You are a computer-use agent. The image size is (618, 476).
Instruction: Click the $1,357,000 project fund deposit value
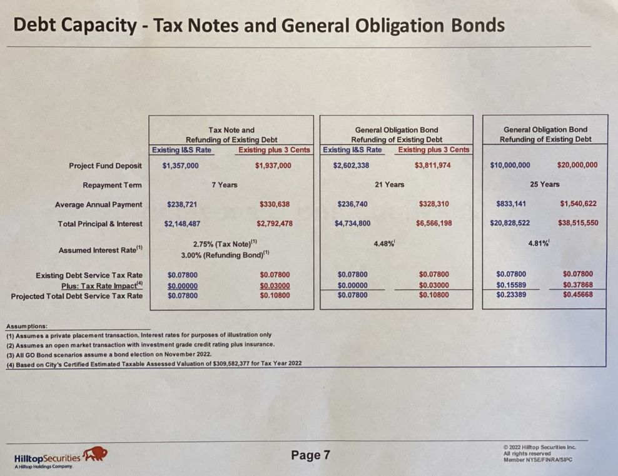click(x=181, y=166)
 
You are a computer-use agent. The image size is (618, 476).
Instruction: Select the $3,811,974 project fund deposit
click(x=432, y=166)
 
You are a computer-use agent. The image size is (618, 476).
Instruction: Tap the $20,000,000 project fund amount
click(x=577, y=165)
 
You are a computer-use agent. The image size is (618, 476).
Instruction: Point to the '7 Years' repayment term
click(x=225, y=185)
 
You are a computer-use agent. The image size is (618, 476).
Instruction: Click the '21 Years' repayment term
click(x=390, y=184)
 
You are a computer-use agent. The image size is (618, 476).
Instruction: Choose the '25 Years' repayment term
click(x=545, y=184)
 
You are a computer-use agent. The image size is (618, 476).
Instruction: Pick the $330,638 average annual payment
click(x=275, y=204)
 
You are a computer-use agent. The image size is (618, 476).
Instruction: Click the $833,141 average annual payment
click(x=511, y=204)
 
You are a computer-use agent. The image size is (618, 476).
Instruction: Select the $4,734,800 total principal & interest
click(x=352, y=223)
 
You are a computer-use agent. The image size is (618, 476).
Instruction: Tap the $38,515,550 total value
click(x=578, y=223)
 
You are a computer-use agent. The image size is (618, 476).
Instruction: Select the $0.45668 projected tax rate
click(x=578, y=294)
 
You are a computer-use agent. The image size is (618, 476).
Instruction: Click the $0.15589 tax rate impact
click(x=511, y=285)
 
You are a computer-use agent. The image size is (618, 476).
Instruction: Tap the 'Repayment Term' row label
click(x=112, y=185)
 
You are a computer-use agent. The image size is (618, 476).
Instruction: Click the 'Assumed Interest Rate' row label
click(x=101, y=250)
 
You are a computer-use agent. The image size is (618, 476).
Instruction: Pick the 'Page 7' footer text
click(x=311, y=455)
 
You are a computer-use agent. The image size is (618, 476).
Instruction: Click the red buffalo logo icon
click(x=94, y=454)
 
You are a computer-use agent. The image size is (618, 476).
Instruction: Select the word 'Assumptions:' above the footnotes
click(x=27, y=326)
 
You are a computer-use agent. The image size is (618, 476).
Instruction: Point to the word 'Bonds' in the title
click(x=478, y=25)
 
